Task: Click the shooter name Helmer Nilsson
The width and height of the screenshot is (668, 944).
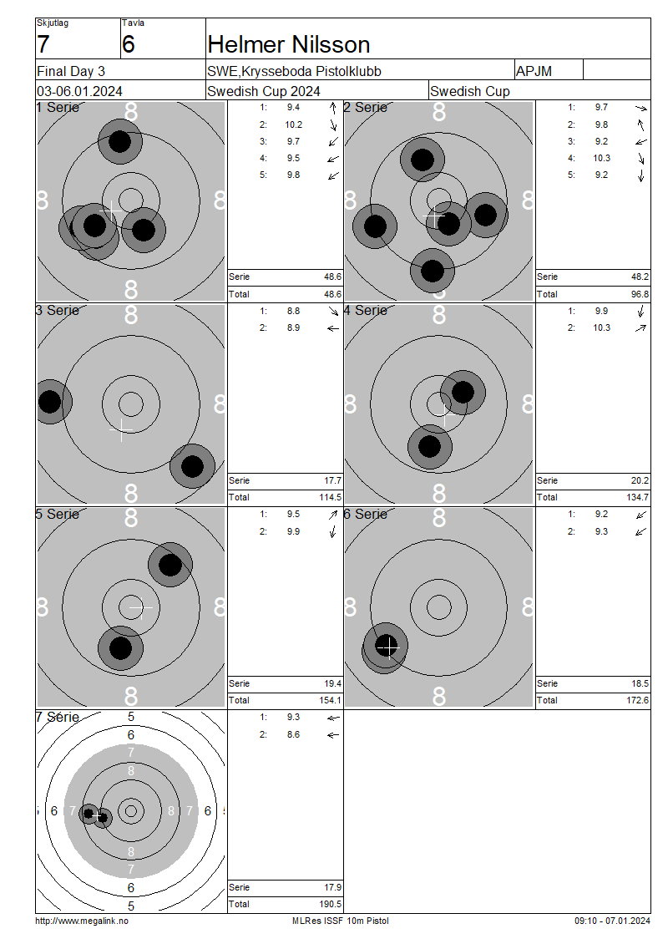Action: pyautogui.click(x=288, y=44)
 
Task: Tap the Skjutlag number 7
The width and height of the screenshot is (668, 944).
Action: pyautogui.click(x=43, y=44)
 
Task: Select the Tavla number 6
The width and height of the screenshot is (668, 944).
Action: pyautogui.click(x=129, y=44)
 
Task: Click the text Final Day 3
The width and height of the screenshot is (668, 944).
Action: pyautogui.click(x=71, y=72)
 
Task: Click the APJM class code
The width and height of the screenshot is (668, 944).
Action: pyautogui.click(x=534, y=72)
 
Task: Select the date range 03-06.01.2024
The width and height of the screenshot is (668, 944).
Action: pyautogui.click(x=79, y=92)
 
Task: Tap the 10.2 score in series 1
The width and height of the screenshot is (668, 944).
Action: pyautogui.click(x=294, y=124)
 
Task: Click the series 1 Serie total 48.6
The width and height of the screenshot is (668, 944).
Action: pyautogui.click(x=333, y=277)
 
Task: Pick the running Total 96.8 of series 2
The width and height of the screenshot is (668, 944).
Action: pyautogui.click(x=640, y=294)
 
